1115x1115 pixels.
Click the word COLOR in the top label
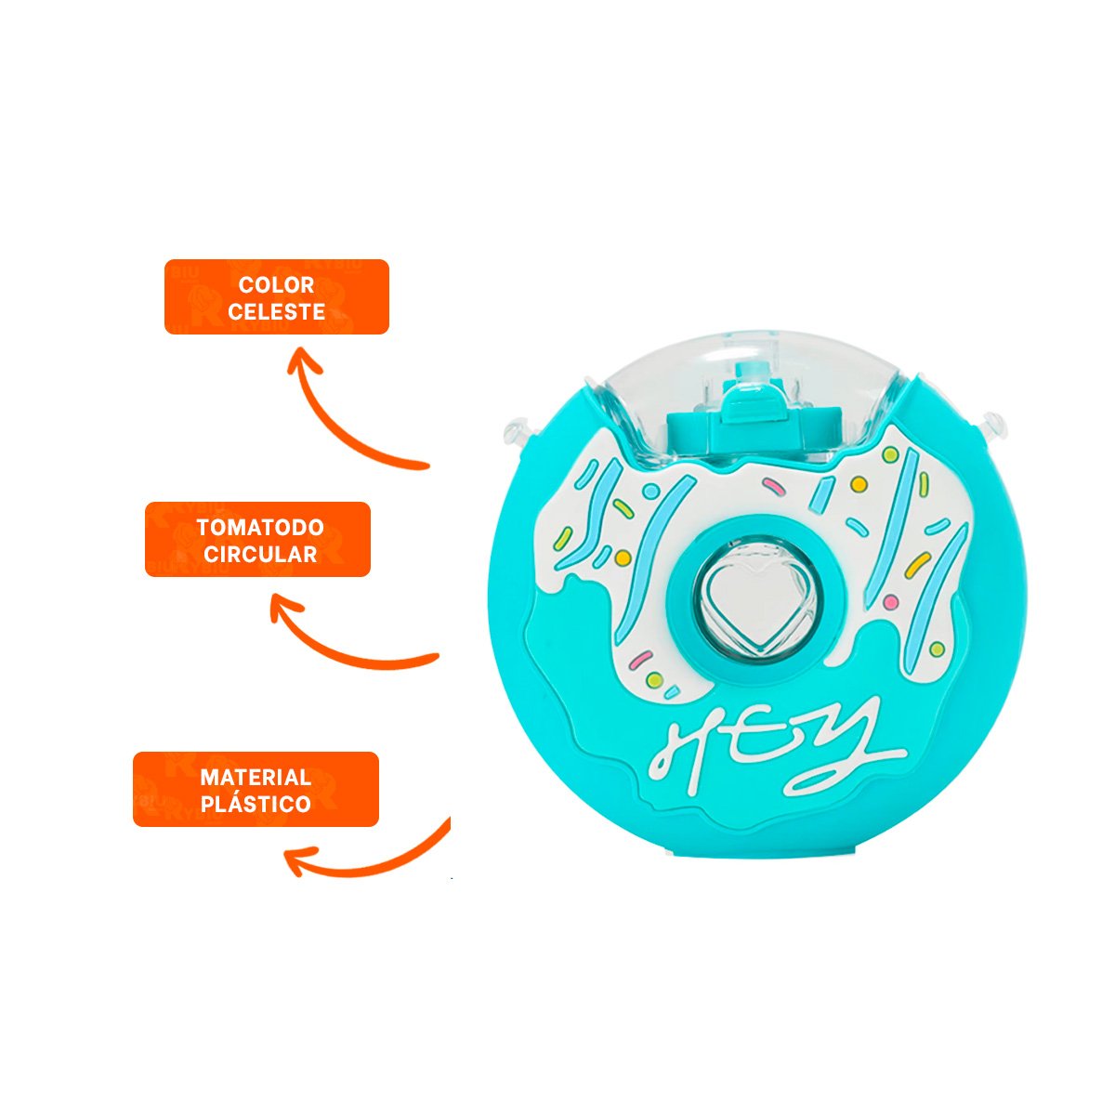[x=277, y=284]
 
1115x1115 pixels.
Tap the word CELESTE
[x=277, y=312]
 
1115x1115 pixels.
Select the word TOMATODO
[x=260, y=527]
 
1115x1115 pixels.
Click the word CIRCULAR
[x=260, y=555]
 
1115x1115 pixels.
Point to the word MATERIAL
[x=256, y=777]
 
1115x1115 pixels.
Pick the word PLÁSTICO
[x=256, y=804]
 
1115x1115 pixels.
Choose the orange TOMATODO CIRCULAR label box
[x=257, y=539]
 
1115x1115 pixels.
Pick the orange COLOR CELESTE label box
[x=277, y=296]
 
